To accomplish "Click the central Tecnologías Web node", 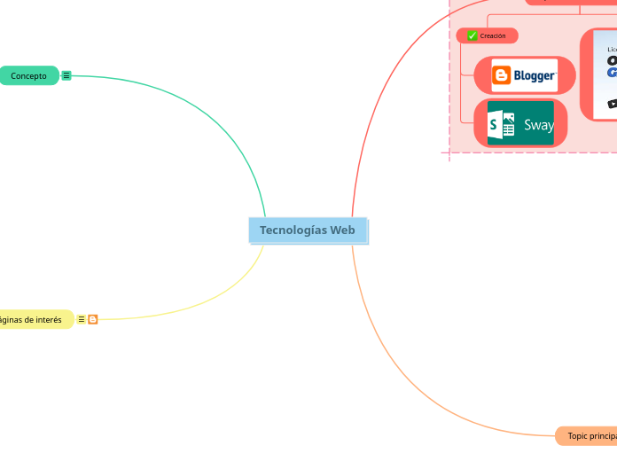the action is [x=308, y=230].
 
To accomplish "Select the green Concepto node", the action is [x=29, y=76].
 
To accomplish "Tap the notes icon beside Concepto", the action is [x=66, y=76].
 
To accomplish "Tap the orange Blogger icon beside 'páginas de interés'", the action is [x=93, y=319].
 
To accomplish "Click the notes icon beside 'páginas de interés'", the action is [x=82, y=319].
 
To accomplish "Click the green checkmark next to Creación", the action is [x=473, y=35].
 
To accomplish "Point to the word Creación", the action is [x=493, y=35].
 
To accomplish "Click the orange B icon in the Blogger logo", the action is [x=502, y=75].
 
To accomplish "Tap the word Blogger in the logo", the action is [x=535, y=75].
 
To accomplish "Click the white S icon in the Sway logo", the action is [x=502, y=124].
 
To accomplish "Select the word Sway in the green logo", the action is [x=538, y=125].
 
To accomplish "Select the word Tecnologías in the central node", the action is [x=289, y=230].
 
